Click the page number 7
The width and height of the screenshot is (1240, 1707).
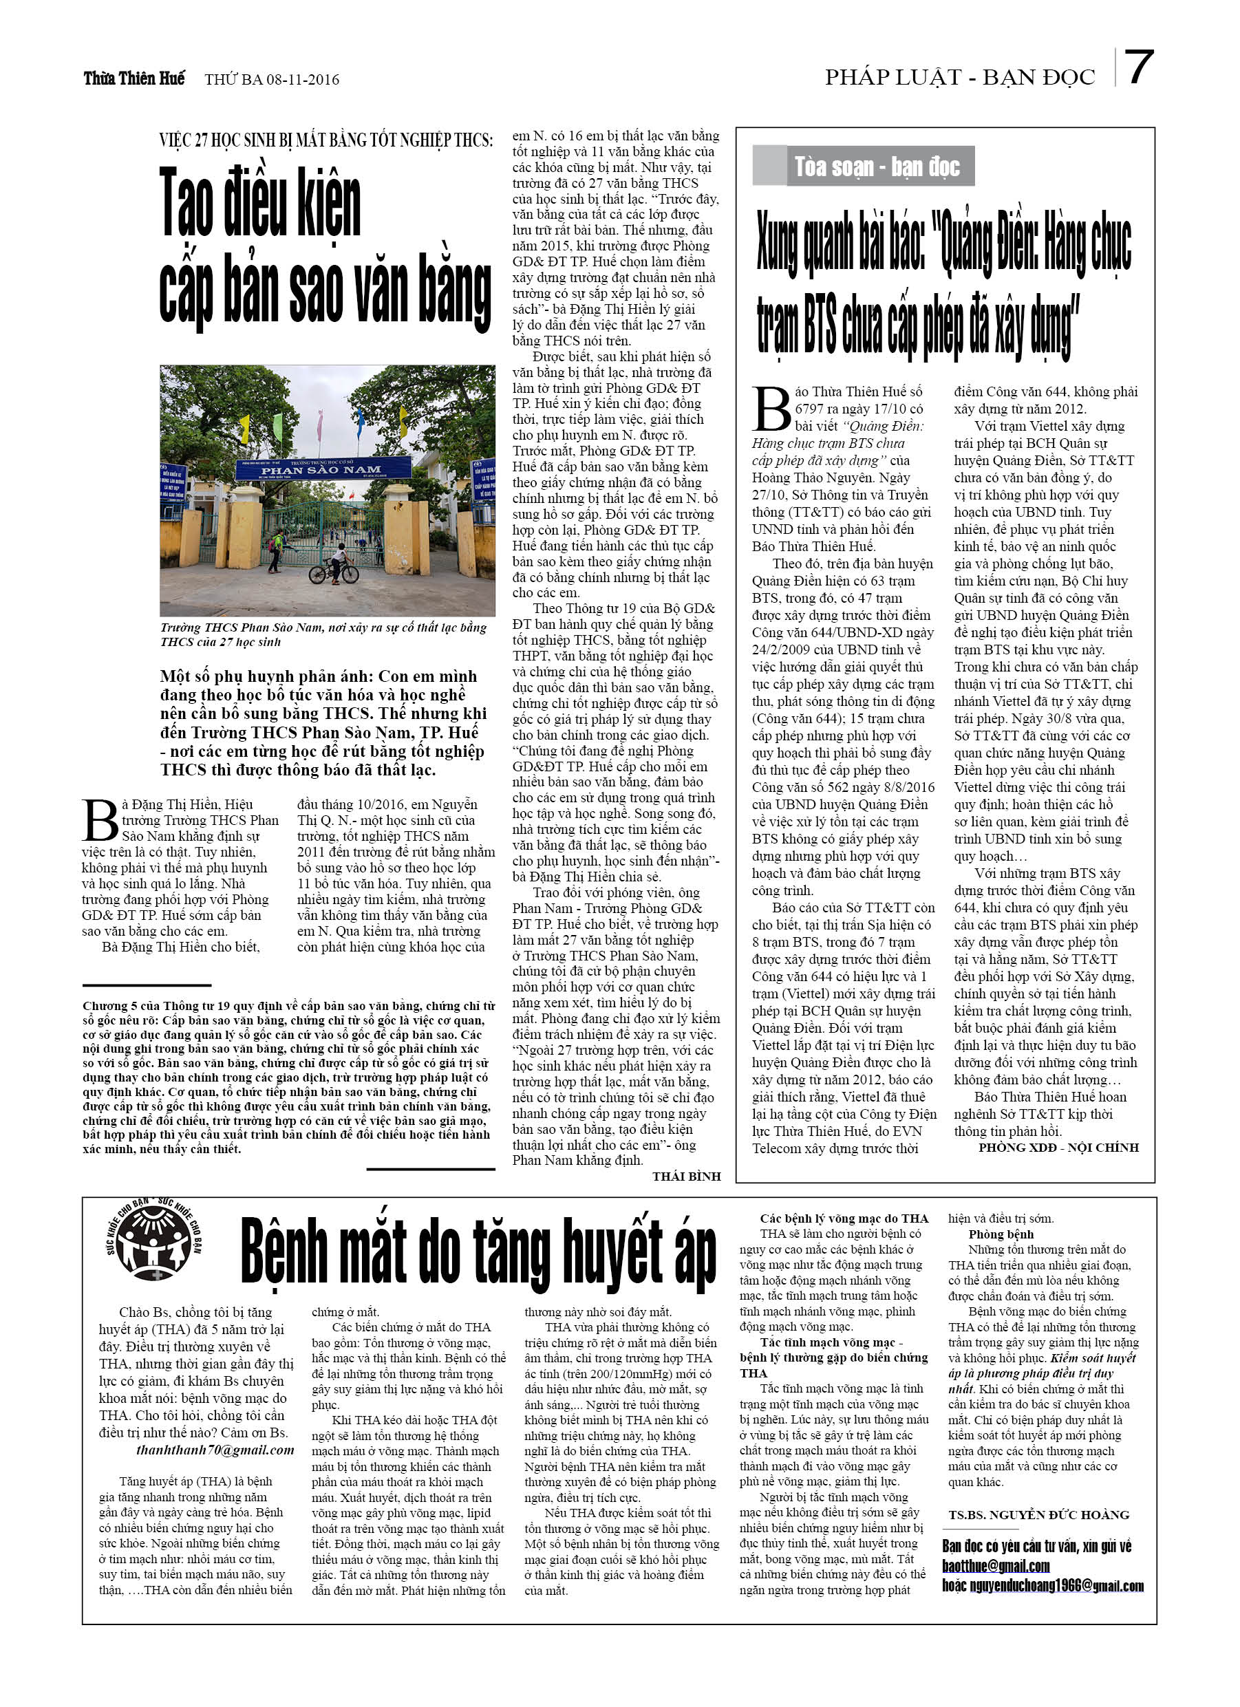(1137, 67)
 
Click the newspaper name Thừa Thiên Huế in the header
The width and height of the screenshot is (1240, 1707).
(134, 78)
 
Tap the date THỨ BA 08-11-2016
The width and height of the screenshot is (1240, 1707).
(272, 79)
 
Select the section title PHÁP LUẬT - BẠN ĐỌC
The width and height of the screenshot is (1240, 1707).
(959, 77)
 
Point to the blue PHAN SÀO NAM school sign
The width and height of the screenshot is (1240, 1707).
(323, 469)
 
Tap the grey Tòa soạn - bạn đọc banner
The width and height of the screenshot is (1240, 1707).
(863, 166)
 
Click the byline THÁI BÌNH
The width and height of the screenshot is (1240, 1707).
(686, 1176)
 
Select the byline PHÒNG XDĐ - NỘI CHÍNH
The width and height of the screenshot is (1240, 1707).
(1058, 1147)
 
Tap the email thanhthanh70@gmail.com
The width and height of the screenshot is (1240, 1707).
(215, 1450)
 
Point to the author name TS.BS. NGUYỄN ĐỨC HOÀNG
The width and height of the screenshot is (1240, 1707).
(1038, 1514)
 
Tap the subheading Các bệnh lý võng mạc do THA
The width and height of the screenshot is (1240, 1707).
(844, 1218)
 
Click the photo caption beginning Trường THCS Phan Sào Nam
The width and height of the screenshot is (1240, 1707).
(323, 634)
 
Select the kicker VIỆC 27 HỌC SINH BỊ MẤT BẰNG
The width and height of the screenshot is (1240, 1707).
(326, 140)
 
